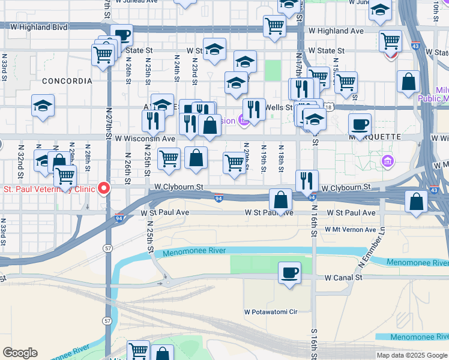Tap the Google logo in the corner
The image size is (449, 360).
click(20, 353)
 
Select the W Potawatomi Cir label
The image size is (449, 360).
click(271, 312)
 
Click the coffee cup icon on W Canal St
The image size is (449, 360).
click(289, 273)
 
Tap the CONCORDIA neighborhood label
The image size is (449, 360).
click(67, 81)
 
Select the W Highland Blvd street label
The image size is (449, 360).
click(34, 27)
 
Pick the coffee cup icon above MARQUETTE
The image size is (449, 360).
click(360, 125)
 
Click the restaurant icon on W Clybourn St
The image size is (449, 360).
click(307, 180)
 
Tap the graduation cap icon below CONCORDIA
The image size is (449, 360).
click(43, 106)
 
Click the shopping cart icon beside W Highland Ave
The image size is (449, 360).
click(274, 26)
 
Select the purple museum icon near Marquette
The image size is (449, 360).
click(388, 161)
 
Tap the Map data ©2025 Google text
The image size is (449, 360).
click(412, 355)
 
